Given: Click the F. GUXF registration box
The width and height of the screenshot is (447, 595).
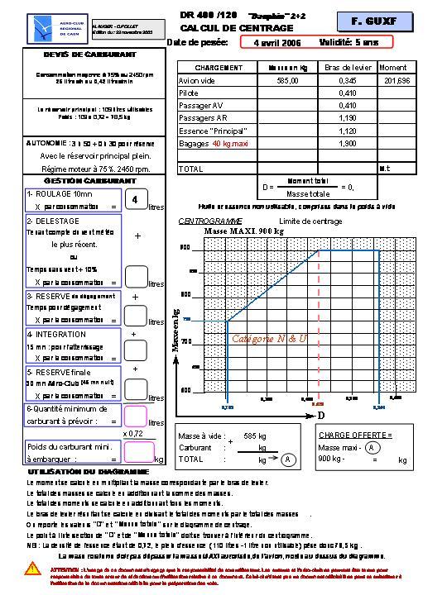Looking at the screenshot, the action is (374, 19).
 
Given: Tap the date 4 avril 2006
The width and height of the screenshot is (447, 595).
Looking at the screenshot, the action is (277, 42).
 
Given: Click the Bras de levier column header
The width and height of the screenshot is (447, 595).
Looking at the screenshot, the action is (347, 67).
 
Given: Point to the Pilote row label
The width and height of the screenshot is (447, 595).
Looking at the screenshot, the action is (189, 93).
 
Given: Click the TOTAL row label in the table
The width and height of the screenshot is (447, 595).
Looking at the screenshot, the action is (191, 169).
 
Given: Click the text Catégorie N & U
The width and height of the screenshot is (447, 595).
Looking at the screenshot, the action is (269, 339).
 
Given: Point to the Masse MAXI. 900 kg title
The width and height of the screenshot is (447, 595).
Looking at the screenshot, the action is (243, 231).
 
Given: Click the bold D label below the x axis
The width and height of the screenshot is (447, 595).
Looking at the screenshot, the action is (321, 415).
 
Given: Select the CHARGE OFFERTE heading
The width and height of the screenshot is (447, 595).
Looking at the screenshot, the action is (354, 434).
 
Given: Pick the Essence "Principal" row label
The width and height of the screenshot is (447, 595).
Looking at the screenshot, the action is (208, 131).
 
